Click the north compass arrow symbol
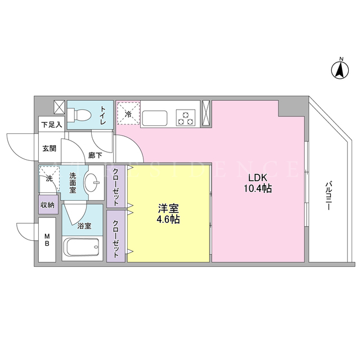pyautogui.click(x=340, y=70)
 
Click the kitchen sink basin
pyautogui.click(x=155, y=119)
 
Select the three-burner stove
pyautogui.click(x=186, y=118)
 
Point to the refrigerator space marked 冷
pyautogui.click(x=128, y=114)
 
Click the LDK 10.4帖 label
pyautogui.click(x=258, y=183)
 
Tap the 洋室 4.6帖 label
pyautogui.click(x=168, y=214)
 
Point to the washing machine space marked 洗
pyautogui.click(x=49, y=179)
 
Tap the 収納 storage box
pyautogui.click(x=48, y=205)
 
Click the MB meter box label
pyautogui.click(x=47, y=240)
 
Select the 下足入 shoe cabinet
pyautogui.click(x=51, y=124)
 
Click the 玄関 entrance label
pyautogui.click(x=49, y=148)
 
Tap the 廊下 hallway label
pyautogui.click(x=95, y=155)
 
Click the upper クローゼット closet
pyautogui.click(x=116, y=186)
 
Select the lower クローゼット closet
pyautogui.click(x=116, y=236)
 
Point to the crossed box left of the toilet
pyautogui.click(x=59, y=107)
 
